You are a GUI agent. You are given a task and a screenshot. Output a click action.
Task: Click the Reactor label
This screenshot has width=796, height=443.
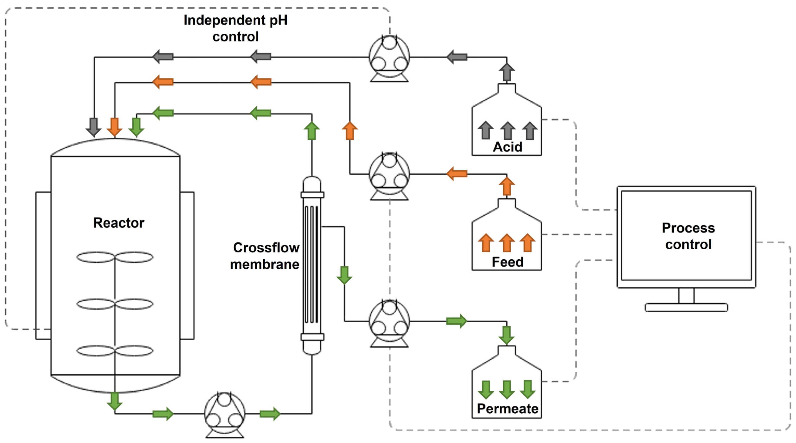(x=119, y=222)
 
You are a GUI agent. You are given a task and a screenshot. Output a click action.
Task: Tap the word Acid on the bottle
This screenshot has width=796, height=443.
(x=507, y=147)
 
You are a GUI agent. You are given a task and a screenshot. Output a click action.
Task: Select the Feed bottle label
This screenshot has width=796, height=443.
(x=507, y=262)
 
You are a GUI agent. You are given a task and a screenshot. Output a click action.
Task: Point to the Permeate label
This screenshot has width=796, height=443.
(x=507, y=408)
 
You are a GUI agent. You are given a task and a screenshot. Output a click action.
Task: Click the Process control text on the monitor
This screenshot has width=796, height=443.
(x=688, y=236)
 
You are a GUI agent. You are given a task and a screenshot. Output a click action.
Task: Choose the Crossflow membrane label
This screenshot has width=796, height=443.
(x=265, y=256)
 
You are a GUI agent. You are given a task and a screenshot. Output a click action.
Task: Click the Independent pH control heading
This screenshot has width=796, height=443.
(x=236, y=28)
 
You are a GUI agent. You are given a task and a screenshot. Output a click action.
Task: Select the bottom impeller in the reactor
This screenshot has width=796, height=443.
(x=115, y=351)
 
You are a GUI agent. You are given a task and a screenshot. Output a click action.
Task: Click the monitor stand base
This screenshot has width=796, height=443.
(x=686, y=308)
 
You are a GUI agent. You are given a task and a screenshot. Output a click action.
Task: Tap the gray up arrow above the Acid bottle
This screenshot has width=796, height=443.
(x=507, y=72)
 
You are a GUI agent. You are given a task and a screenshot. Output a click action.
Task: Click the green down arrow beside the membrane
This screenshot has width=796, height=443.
(x=344, y=275)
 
